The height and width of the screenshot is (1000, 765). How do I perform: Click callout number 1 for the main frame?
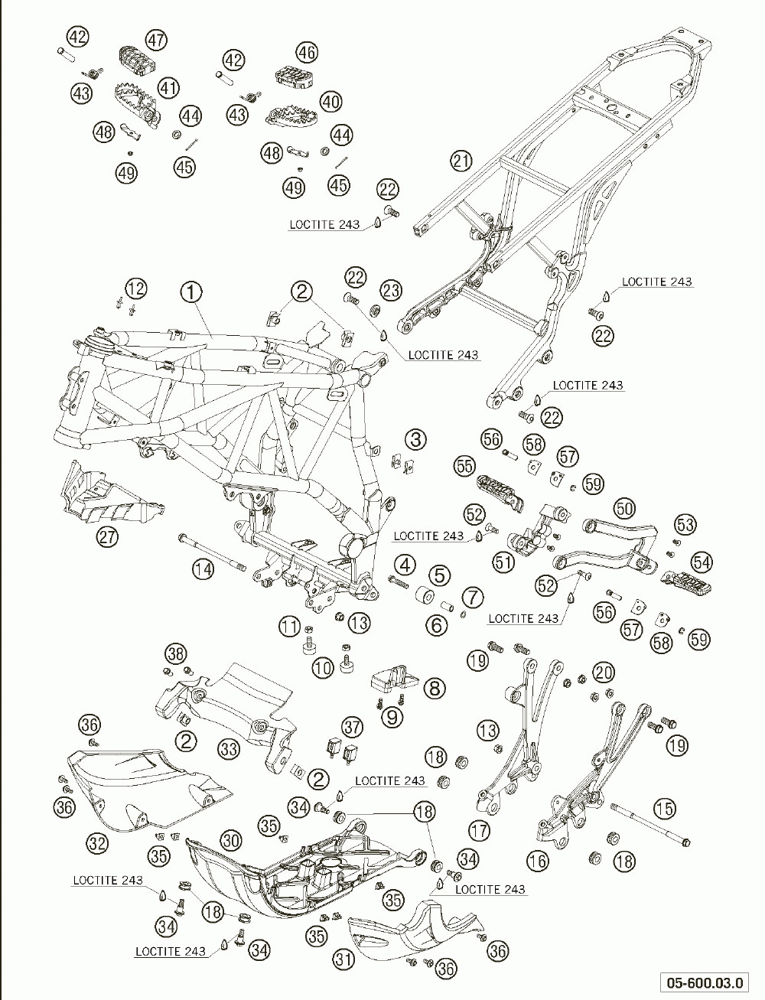pyautogui.click(x=190, y=292)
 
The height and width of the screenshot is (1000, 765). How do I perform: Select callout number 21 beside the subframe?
pyautogui.click(x=461, y=161)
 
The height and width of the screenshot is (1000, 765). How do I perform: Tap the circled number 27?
pyautogui.click(x=108, y=537)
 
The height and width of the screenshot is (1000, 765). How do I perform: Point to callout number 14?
pyautogui.click(x=203, y=568)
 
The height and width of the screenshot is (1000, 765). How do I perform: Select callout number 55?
pyautogui.click(x=464, y=465)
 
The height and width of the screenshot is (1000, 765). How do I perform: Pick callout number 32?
pyautogui.click(x=96, y=844)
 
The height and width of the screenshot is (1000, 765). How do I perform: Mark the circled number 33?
pyautogui.click(x=229, y=748)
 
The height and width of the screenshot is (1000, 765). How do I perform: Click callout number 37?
pyautogui.click(x=351, y=726)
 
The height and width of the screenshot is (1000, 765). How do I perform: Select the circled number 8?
pyautogui.click(x=434, y=688)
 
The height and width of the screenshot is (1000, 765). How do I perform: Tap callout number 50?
pyautogui.click(x=624, y=507)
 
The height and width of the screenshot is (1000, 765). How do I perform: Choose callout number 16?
pyautogui.click(x=538, y=861)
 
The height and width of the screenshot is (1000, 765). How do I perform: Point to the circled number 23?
pyautogui.click(x=391, y=290)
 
